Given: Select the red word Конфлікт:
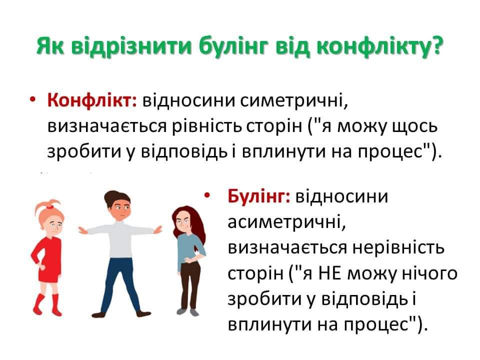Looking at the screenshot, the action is [x=92, y=100].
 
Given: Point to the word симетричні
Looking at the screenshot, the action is [x=294, y=100].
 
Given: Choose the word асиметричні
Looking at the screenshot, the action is [x=287, y=222].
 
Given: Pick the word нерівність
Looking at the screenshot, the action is [x=398, y=247].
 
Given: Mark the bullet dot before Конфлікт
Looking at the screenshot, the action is [x=32, y=100].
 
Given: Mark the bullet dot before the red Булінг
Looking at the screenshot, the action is [x=207, y=195].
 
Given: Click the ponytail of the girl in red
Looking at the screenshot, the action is [x=46, y=205].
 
